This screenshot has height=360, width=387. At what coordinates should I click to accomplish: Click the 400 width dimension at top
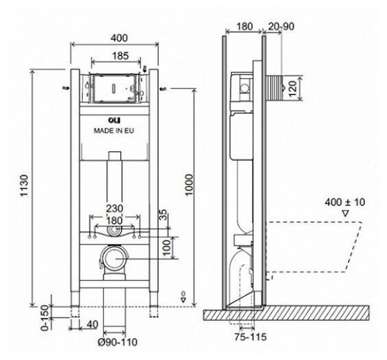(x=119, y=38)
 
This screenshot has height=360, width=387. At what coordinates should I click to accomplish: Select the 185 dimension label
(x=120, y=55)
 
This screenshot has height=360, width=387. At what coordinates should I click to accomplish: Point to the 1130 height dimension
(x=25, y=185)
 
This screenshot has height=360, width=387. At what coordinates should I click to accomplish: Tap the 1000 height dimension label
(x=189, y=185)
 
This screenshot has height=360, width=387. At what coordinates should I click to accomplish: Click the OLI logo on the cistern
(x=114, y=120)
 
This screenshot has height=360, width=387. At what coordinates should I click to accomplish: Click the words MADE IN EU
(x=114, y=131)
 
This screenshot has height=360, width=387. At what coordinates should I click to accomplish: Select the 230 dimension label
(x=114, y=208)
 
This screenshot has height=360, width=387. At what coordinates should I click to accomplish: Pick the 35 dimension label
(x=163, y=215)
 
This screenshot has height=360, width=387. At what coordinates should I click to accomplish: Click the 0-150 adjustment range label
(x=45, y=318)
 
